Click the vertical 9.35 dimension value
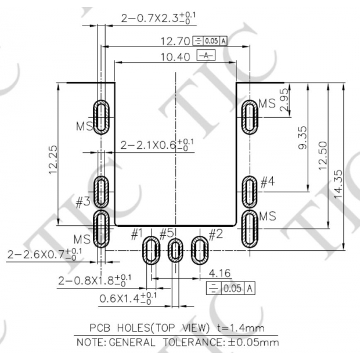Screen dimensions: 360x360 (303, 138)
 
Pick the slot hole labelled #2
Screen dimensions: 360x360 (199, 251)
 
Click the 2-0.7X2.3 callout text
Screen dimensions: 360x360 (158, 19)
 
